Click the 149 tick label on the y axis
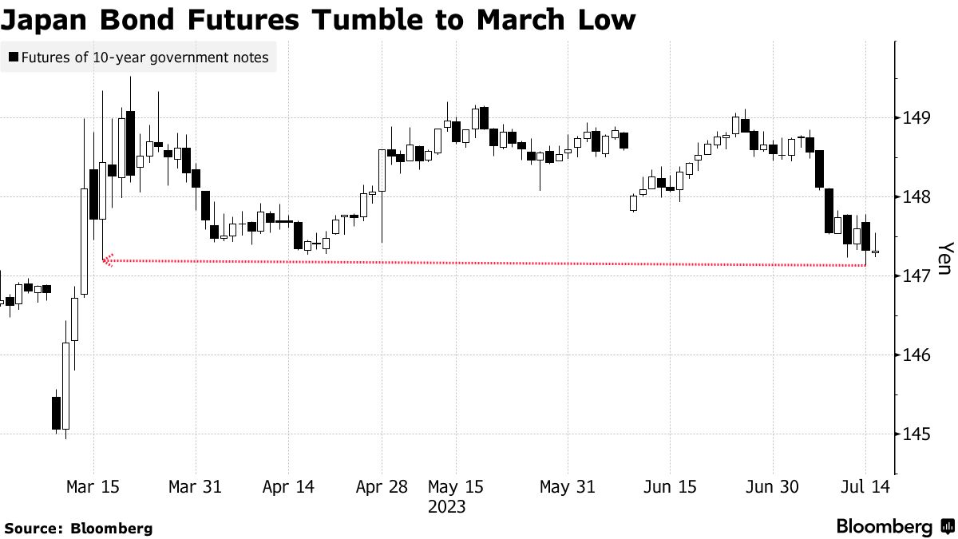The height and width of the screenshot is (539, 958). [916, 117]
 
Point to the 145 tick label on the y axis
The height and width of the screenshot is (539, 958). [916, 434]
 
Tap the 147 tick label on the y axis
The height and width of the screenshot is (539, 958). [916, 275]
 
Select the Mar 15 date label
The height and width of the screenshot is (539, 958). [93, 487]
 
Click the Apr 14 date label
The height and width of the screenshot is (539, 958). [288, 487]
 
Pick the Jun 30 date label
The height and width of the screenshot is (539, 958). [773, 487]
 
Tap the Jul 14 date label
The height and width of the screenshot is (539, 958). [865, 487]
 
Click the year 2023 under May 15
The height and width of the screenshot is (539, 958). [446, 507]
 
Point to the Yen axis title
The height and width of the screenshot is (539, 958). [946, 259]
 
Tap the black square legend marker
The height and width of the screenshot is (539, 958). [14, 57]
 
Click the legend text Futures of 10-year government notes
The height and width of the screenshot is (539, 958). [145, 57]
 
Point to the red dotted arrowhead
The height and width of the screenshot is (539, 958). [108, 260]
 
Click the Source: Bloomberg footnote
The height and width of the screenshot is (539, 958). [79, 529]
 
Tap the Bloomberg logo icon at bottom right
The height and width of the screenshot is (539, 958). [948, 526]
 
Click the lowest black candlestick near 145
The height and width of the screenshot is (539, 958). [56, 413]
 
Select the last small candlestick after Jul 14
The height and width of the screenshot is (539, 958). [876, 252]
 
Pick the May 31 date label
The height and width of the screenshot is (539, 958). [568, 487]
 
